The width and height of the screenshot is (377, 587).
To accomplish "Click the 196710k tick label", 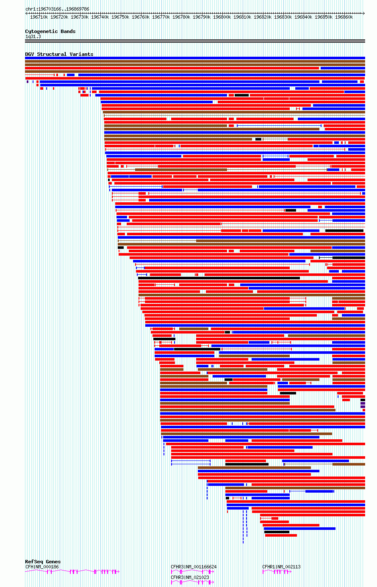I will pos(39,17).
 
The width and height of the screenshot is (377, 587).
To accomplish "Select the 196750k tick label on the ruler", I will pos(120,17).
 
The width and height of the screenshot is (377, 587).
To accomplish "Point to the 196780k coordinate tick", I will pos(181,17).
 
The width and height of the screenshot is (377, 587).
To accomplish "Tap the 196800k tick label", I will pos(222,17).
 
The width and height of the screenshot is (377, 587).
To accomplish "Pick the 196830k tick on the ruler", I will pos(283,17).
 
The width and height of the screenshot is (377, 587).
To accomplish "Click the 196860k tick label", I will pos(344,17).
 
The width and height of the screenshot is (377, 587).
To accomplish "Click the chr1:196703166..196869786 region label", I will pos(57,9).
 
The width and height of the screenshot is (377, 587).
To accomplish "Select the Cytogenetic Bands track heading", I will pos(50,31).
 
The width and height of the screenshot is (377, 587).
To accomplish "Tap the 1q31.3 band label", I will pos(33,36).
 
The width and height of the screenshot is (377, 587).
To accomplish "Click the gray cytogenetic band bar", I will pos(195,41).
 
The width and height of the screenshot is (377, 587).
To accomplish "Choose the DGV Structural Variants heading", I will pos(59,54).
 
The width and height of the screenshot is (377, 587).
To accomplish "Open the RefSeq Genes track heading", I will pos(43,562).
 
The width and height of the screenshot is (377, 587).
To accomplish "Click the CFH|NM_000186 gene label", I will pos(42,567).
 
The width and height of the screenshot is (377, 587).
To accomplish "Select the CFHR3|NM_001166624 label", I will pos(194,567).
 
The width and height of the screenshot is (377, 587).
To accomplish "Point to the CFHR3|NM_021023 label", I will pos(190,577).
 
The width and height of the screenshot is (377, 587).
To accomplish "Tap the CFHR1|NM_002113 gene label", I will pos(281,567).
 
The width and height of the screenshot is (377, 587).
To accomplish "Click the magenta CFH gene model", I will pos(72,572).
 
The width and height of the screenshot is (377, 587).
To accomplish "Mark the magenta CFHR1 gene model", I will pos(277,572).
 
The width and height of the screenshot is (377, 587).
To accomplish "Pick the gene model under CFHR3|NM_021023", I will pos(192,582).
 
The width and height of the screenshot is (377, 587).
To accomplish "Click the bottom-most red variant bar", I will pos(281,535).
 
